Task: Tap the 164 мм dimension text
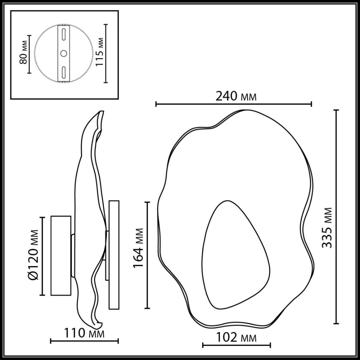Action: (138, 248)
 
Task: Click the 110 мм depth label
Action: (84, 333)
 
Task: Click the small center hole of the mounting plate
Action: (64, 53)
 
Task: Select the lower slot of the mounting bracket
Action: (64, 72)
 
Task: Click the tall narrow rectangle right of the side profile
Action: (114, 255)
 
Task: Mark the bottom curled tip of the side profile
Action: (99, 324)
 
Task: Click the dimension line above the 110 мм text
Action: (84, 341)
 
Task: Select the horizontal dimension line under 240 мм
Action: (234, 104)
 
